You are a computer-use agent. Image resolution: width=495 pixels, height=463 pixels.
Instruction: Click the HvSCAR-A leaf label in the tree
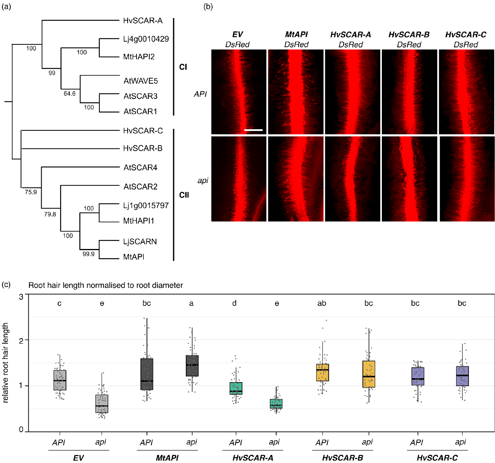pos(143,21)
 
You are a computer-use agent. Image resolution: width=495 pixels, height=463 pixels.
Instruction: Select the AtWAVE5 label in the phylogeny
pos(141,81)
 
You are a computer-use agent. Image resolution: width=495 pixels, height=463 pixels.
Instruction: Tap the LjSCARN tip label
pos(140,242)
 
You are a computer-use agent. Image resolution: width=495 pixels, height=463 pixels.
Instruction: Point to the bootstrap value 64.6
pos(70,93)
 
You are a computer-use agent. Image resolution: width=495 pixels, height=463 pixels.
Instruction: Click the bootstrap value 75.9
pos(31,192)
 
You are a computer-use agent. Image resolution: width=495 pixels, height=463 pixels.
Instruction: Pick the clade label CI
pos(183,67)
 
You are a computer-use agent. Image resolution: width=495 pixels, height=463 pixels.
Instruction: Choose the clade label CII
pos(184,195)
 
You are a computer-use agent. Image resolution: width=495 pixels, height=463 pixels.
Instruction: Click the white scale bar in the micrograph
pos(253,129)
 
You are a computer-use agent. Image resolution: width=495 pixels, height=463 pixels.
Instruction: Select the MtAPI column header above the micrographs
pos(296,35)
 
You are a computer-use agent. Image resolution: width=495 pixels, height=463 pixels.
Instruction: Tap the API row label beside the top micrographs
pos(200,94)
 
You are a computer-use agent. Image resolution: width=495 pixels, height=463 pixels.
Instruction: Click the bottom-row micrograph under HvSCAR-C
pos(466,179)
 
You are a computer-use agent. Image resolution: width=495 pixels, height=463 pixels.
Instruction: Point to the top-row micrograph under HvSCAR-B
pos(409,92)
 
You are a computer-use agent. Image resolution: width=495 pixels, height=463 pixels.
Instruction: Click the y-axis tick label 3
pos(21,296)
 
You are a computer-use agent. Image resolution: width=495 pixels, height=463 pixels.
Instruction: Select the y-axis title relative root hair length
pos(5,362)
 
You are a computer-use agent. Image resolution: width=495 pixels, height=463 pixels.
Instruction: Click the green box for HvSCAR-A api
pos(276,404)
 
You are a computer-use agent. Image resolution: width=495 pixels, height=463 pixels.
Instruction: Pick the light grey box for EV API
pos(60,380)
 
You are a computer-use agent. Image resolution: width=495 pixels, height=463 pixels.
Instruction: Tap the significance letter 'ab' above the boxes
pos(322,303)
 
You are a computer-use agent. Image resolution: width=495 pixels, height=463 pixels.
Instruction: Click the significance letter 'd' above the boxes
pos(234,303)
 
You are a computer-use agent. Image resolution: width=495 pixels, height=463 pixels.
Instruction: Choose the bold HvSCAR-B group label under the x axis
pos(343,458)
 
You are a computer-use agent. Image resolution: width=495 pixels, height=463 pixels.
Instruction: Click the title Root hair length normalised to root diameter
pos(106,285)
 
